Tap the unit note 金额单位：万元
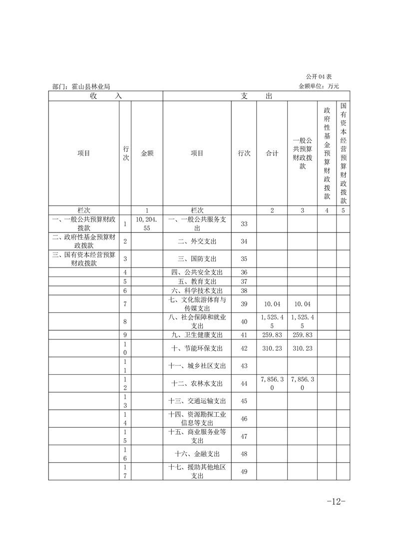click(319, 86)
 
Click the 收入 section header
click(106, 96)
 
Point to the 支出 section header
click(256, 96)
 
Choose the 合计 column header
click(272, 154)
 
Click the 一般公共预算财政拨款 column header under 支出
click(303, 154)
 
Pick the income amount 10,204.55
click(147, 223)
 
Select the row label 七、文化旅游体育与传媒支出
click(197, 304)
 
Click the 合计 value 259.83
click(272, 335)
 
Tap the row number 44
click(244, 383)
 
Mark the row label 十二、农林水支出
click(197, 383)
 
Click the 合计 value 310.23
click(272, 348)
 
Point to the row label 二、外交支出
click(197, 241)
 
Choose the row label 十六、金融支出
click(197, 454)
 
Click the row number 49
click(244, 472)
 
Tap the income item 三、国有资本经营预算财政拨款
click(84, 259)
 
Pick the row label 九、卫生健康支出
click(197, 335)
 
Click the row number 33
click(244, 224)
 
